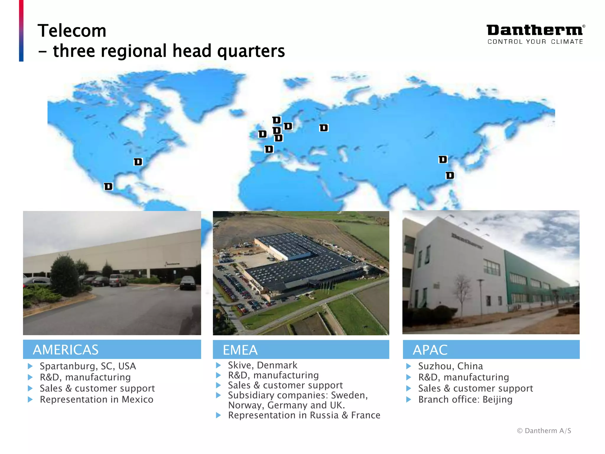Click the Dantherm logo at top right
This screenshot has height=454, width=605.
point(535,30)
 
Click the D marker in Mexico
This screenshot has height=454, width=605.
point(108,187)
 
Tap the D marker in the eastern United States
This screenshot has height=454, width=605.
point(138,162)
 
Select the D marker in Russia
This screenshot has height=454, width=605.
point(324,128)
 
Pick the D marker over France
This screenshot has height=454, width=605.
point(269,149)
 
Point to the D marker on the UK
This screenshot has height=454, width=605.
point(262,134)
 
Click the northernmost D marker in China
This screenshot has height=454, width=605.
point(443,160)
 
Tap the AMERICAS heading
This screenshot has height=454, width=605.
point(66,350)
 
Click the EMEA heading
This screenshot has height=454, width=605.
point(240,350)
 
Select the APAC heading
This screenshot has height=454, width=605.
point(430,350)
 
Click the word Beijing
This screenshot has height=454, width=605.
point(497,400)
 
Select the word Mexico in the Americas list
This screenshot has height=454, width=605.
point(138,400)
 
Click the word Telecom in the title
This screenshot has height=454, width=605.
point(72,31)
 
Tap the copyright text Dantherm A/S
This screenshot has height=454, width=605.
point(544,431)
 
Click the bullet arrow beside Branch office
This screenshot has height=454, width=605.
point(409,400)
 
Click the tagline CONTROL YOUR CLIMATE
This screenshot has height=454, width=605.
point(535,42)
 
